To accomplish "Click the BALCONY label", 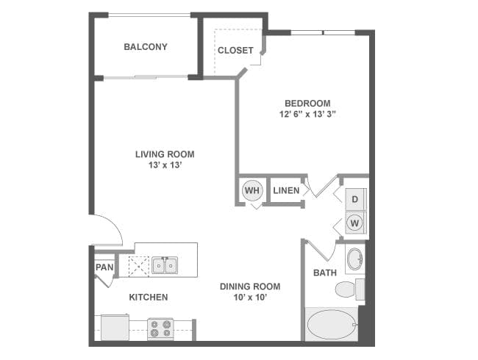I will pos(145,47).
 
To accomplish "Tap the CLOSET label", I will pos(235,51).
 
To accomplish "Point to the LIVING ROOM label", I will pos(165,154).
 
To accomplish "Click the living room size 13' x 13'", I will pos(165,166).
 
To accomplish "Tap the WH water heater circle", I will pos(252,191).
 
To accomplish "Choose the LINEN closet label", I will pos(286,191).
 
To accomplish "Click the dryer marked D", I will pos(354,199).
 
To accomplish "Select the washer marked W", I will pos(354,223).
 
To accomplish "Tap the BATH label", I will pos(325,273).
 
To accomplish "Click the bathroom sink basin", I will pos(354,259).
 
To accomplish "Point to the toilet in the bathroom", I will pos(348,289).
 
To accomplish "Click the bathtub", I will pos(330,323).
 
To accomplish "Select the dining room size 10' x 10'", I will pos(250,298).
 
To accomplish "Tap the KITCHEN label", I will pos(149,298).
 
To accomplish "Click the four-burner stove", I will pos(160,328).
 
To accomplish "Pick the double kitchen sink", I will pos(164,265).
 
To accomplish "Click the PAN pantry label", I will pos(104,267).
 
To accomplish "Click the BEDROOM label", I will pos(307,103).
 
